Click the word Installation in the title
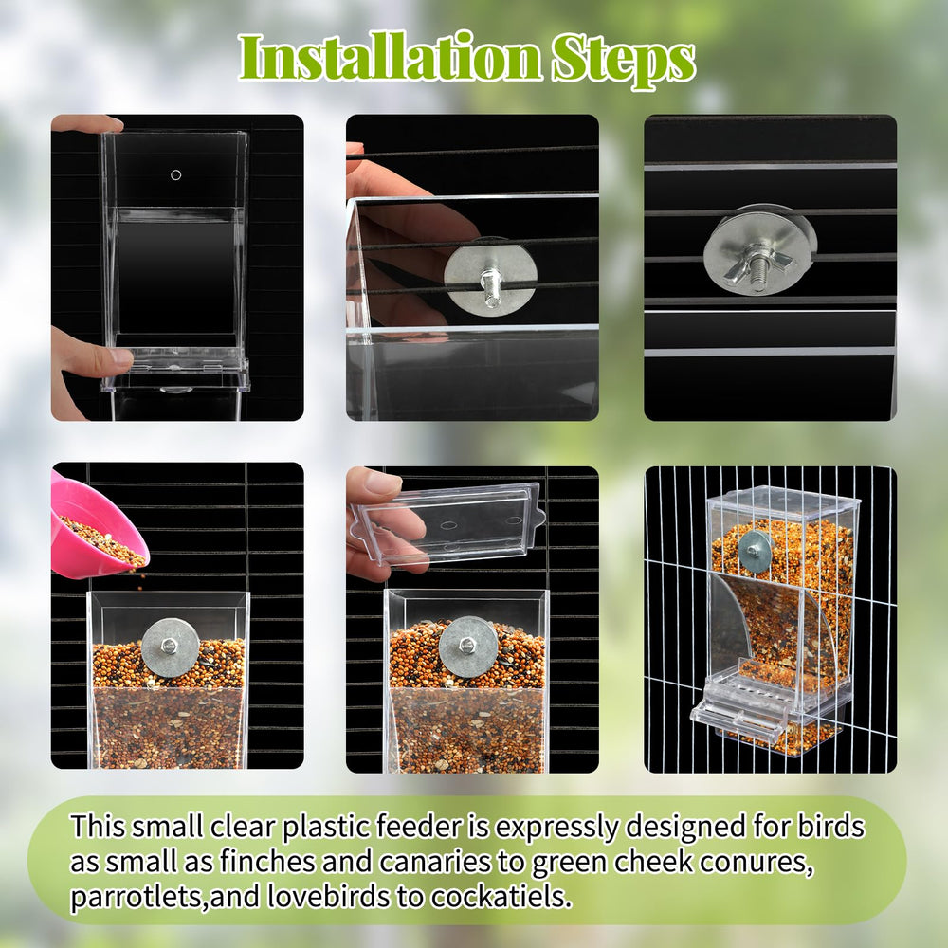(x=384, y=59)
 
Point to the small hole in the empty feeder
(x=175, y=175)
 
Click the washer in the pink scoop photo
(x=171, y=647)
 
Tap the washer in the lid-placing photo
(x=468, y=647)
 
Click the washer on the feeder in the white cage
(x=755, y=551)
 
